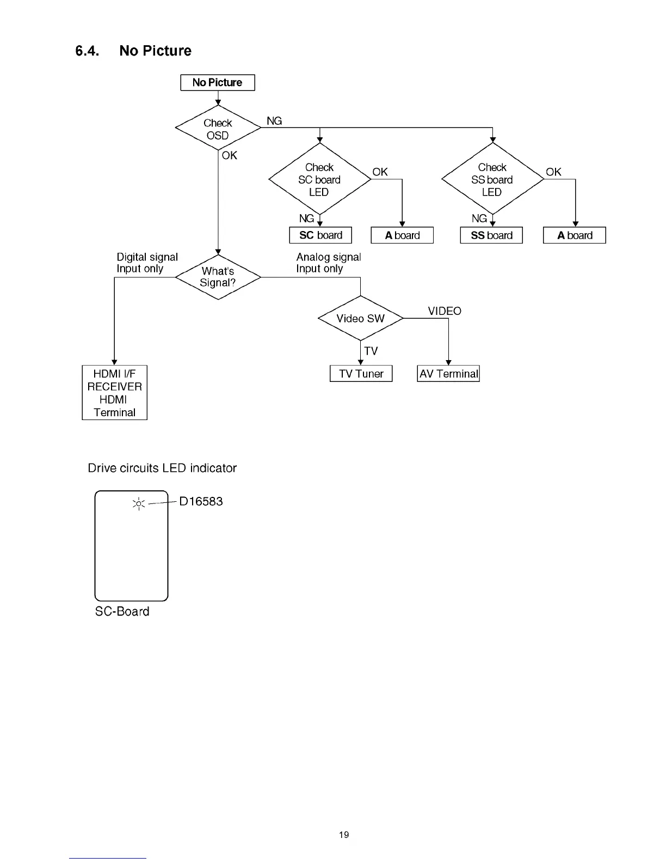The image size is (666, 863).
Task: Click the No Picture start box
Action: tap(217, 83)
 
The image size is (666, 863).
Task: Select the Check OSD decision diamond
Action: tap(218, 129)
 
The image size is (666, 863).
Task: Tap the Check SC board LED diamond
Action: tap(319, 179)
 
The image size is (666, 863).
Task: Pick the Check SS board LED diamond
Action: tap(492, 179)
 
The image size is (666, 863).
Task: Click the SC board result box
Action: tap(320, 235)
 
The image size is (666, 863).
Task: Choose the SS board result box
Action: tap(491, 235)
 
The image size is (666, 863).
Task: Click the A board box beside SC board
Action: tap(402, 235)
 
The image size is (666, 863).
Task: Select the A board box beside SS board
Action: tap(575, 235)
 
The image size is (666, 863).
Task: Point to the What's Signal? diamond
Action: tap(218, 277)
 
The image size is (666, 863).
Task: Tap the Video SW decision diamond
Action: tap(360, 319)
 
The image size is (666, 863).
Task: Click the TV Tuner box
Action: tap(361, 374)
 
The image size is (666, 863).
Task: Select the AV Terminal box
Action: tap(448, 374)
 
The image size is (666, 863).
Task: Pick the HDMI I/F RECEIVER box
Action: tap(114, 392)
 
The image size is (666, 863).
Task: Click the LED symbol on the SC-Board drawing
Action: tap(139, 504)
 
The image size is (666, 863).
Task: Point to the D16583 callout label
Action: tap(201, 501)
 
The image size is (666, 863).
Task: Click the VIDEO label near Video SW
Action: tap(444, 311)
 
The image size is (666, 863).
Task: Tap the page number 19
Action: tap(344, 835)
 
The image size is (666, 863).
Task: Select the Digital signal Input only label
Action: tap(147, 263)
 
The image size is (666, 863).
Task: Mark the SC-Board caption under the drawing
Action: tap(122, 611)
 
